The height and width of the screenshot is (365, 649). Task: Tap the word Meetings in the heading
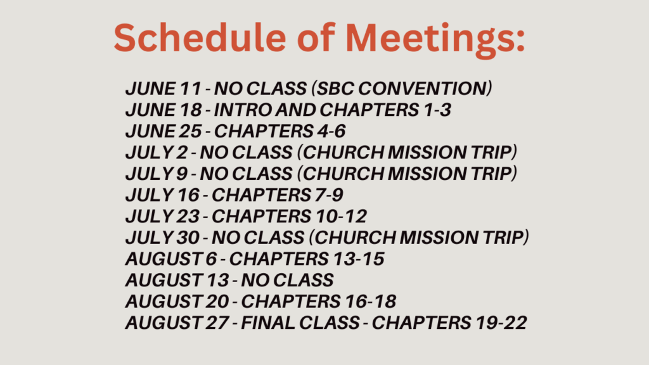(x=435, y=40)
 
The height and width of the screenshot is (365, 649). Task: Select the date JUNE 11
(x=164, y=89)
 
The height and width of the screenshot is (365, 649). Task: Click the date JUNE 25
(x=164, y=131)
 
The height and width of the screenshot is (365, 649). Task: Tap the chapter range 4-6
(x=331, y=131)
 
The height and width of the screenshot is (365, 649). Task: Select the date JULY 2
(x=157, y=153)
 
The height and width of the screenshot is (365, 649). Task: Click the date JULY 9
(x=157, y=174)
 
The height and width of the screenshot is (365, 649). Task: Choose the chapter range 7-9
(x=329, y=195)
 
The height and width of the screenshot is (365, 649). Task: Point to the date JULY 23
(x=163, y=217)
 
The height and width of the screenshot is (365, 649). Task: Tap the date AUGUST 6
(x=171, y=259)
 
